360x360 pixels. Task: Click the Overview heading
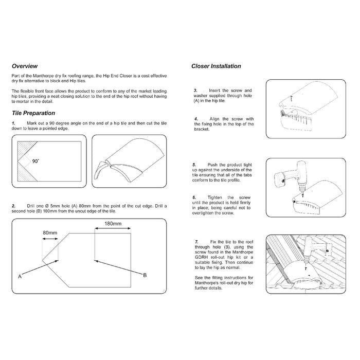24,66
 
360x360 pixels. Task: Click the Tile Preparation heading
33,113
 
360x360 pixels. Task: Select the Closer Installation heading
216,66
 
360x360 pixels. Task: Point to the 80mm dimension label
50,232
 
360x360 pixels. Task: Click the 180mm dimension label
113,224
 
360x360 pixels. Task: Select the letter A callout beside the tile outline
20,277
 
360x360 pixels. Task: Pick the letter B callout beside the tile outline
145,275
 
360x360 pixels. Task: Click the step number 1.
13,124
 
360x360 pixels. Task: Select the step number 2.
13,206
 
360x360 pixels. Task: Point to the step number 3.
196,90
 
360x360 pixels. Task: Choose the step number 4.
196,119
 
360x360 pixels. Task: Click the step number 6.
196,197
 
